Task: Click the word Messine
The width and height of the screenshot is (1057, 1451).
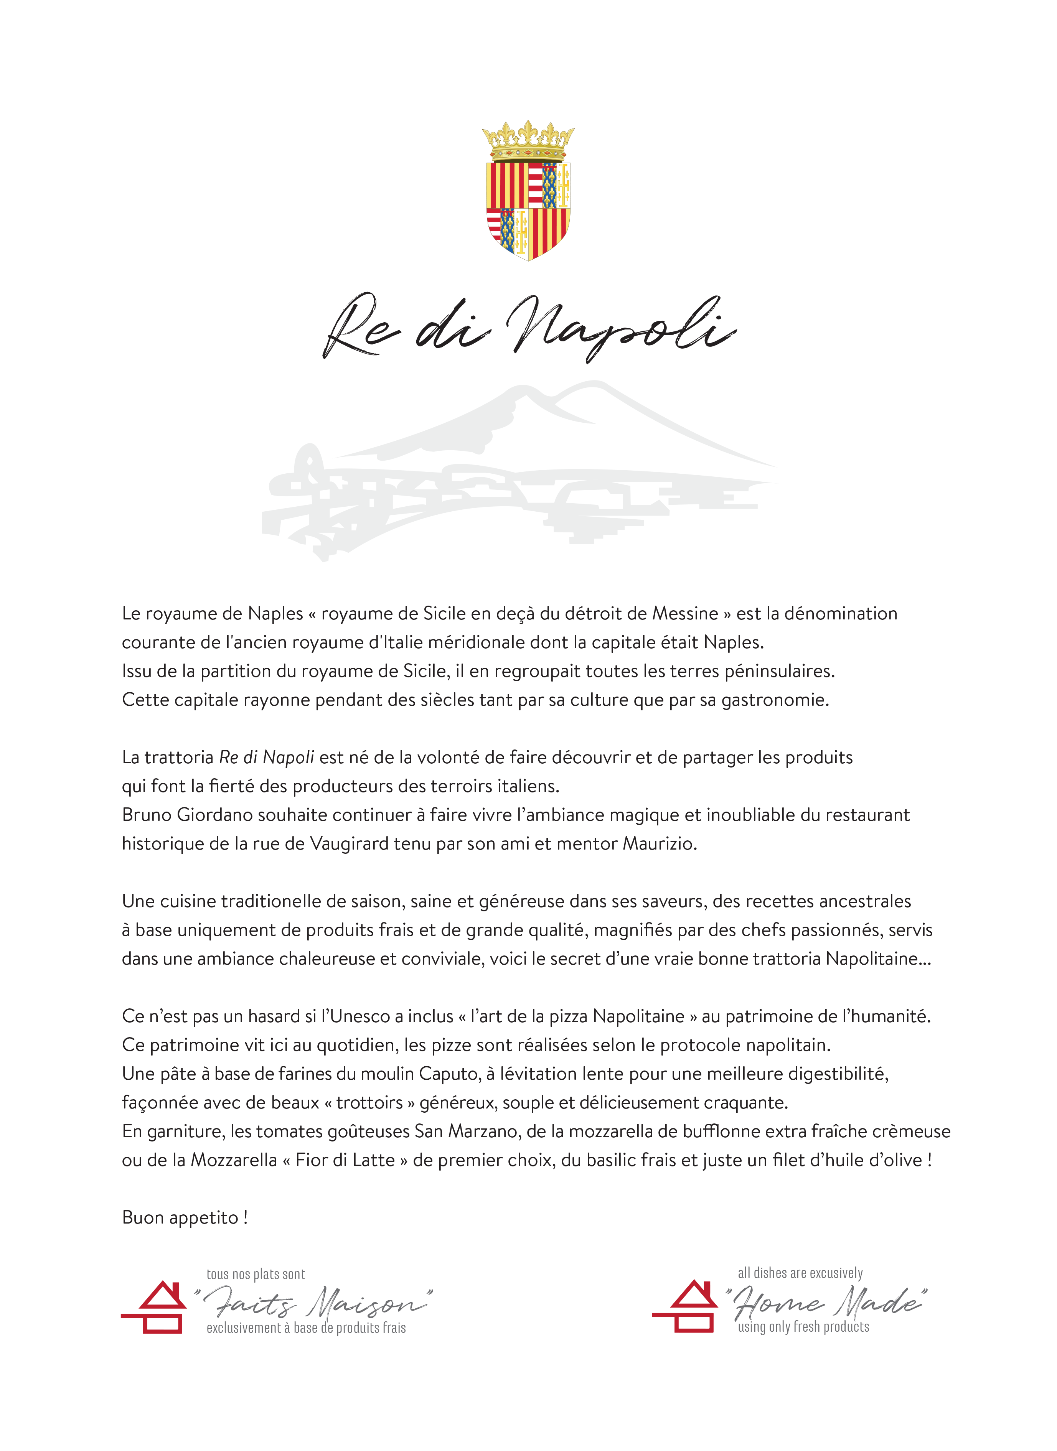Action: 684,614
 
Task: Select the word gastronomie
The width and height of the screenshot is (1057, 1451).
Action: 775,700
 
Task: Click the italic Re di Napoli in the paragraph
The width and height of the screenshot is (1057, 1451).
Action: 266,758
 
